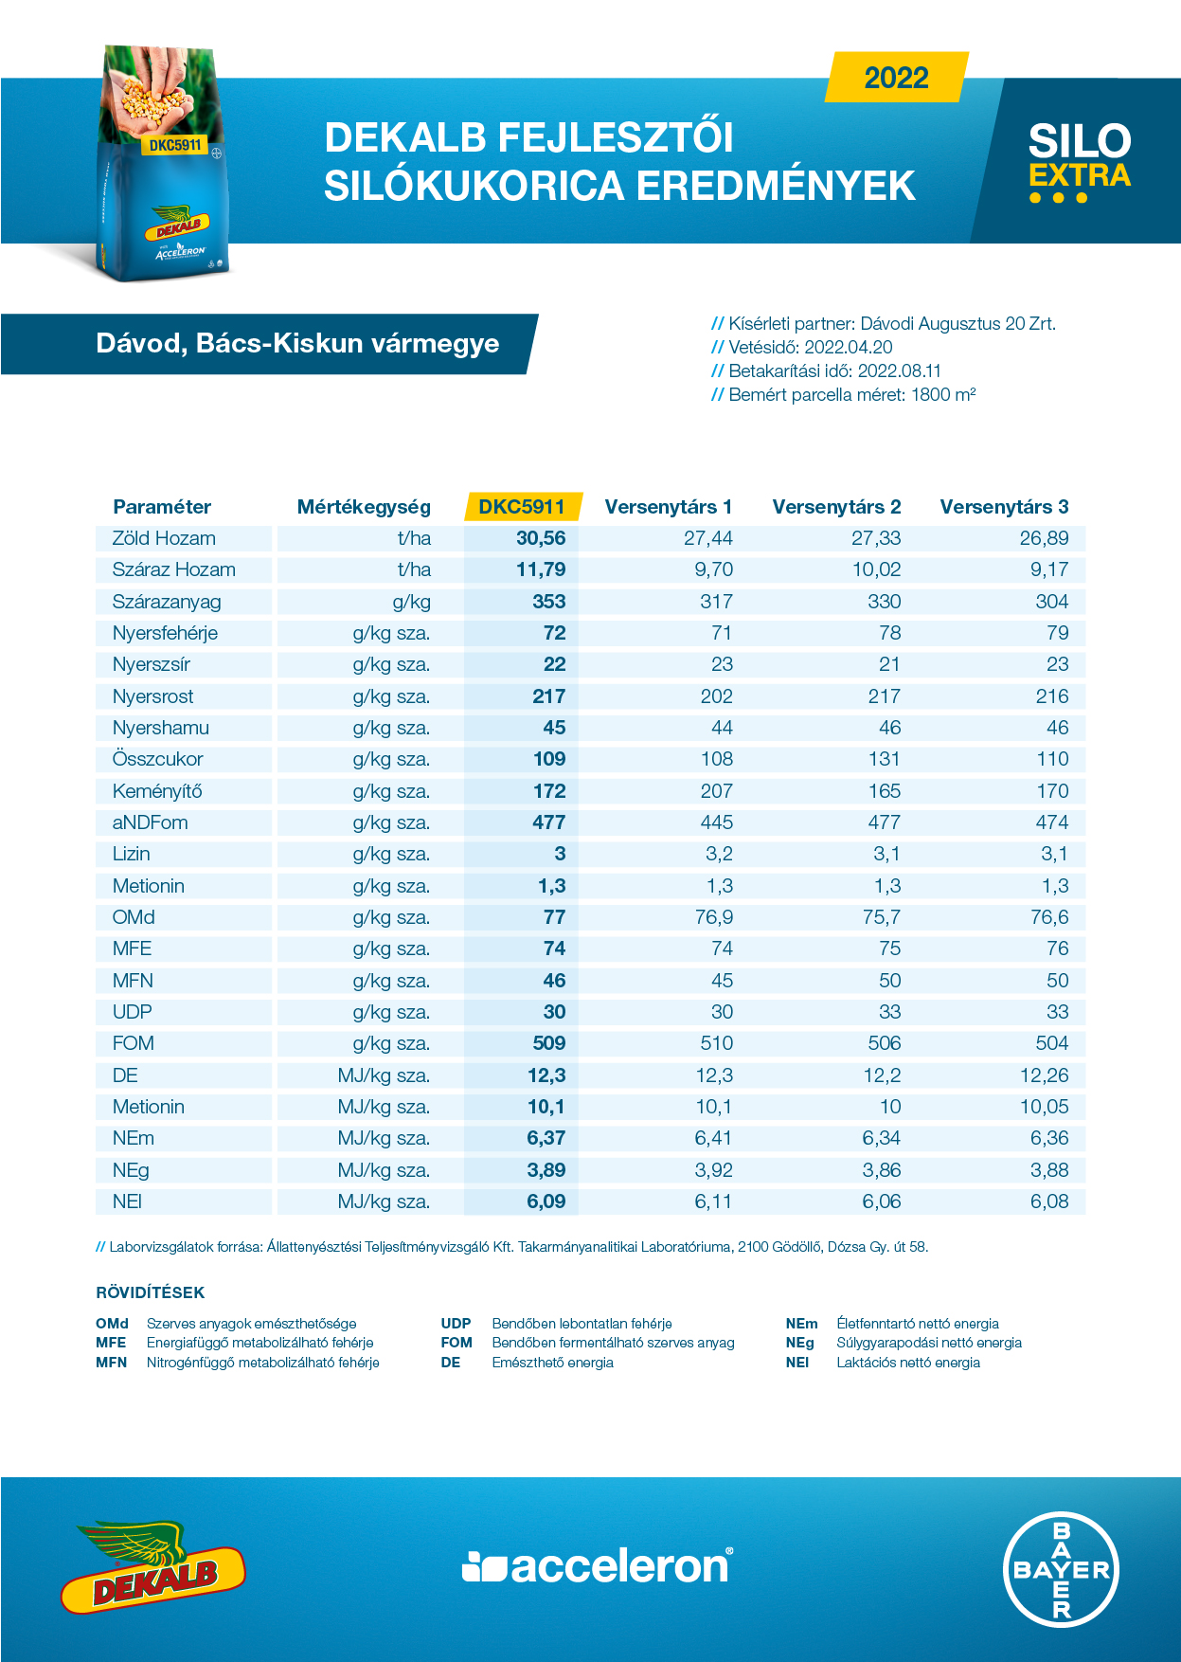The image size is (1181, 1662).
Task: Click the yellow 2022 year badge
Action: (897, 77)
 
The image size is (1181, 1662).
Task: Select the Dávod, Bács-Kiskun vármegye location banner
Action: (297, 343)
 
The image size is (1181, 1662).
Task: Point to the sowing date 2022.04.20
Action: (849, 348)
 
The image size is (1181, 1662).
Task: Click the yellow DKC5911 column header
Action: (522, 506)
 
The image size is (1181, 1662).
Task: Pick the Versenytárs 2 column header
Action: (836, 507)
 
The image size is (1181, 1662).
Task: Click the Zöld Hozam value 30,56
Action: (541, 538)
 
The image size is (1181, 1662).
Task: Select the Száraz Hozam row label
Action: (174, 569)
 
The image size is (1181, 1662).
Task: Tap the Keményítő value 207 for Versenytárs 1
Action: (717, 791)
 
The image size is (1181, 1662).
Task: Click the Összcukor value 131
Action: (885, 759)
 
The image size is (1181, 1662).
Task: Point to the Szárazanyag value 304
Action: (1052, 602)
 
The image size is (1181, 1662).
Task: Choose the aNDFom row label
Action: (150, 822)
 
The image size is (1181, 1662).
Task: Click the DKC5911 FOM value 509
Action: (549, 1043)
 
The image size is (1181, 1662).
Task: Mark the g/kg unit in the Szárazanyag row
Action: (411, 602)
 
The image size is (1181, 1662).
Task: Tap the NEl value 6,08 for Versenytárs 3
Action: (1049, 1201)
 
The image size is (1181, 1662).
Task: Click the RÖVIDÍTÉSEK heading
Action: (151, 1292)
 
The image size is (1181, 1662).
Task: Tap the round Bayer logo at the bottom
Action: (1062, 1569)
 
